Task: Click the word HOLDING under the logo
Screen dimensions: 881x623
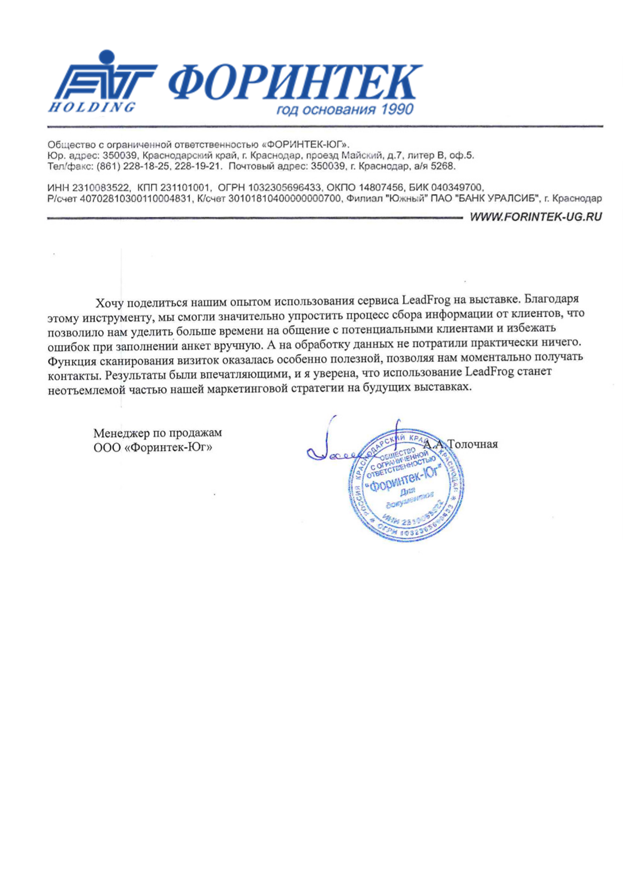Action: pos(91,107)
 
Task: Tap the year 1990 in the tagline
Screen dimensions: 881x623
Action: pos(397,110)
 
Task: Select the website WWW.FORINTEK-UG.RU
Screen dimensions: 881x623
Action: pos(535,217)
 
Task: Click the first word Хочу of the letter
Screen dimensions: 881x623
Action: pos(110,303)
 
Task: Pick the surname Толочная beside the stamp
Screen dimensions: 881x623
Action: pos(472,444)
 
